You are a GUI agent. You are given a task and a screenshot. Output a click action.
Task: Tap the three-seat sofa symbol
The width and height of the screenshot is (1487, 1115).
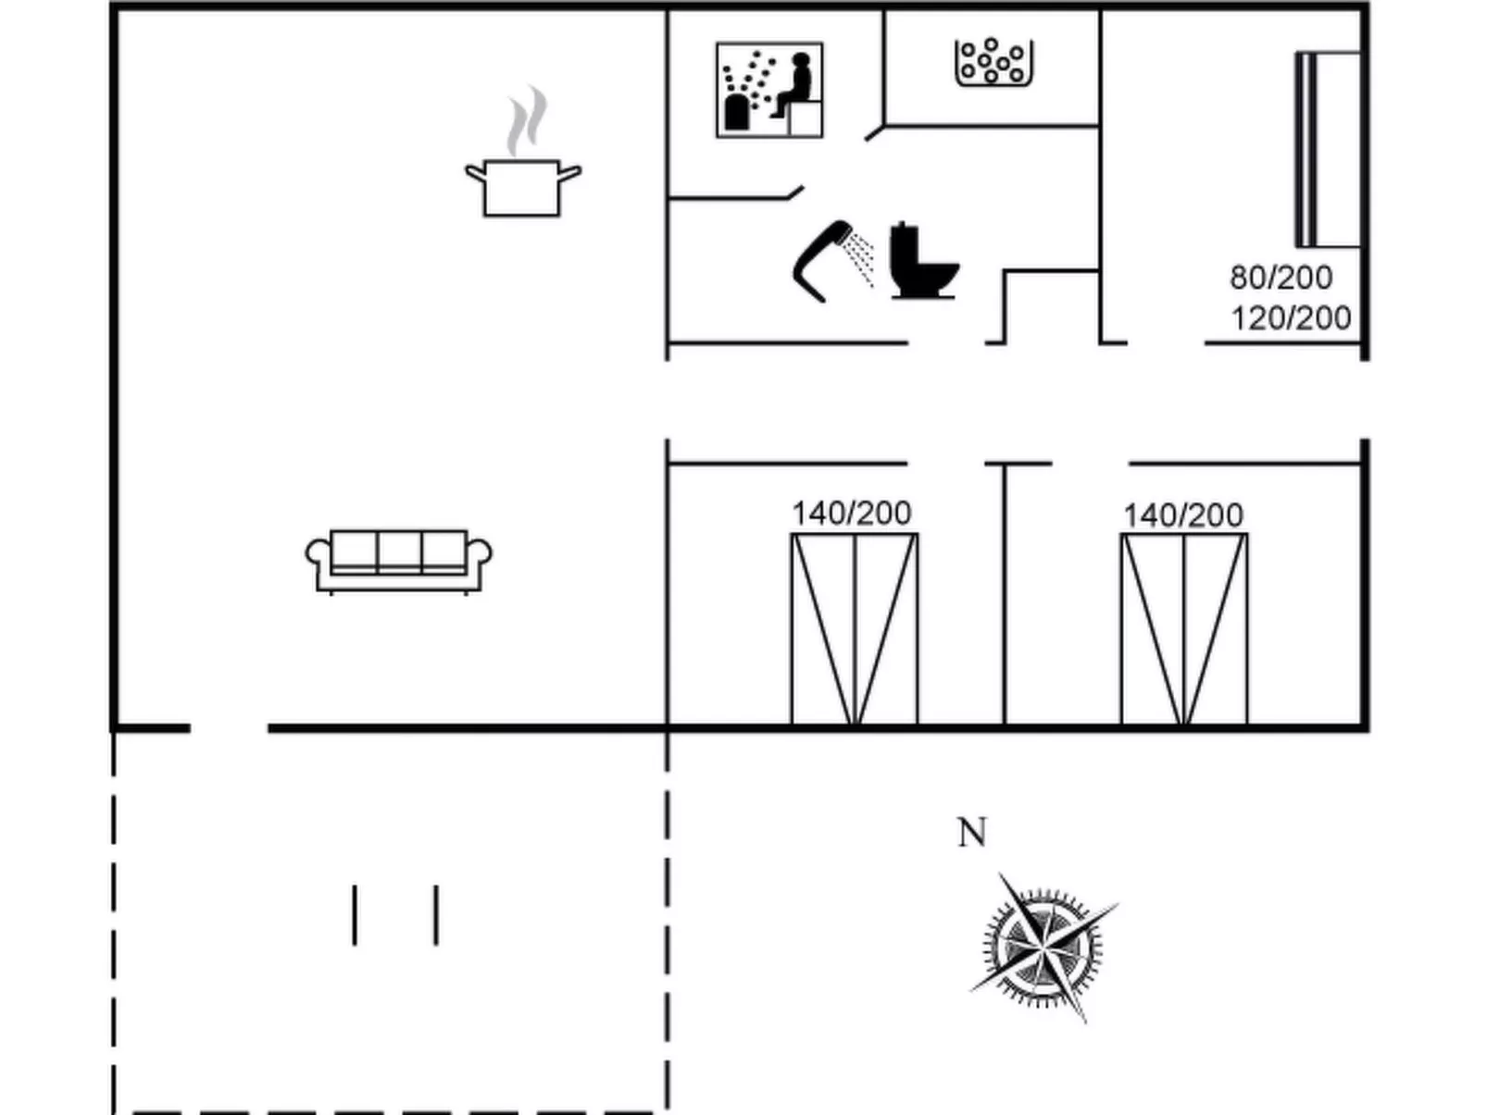(x=398, y=560)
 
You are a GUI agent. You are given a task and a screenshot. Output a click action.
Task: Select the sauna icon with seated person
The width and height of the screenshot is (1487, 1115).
(x=769, y=91)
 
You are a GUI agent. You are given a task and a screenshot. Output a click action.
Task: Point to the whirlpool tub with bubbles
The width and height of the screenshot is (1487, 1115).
(x=993, y=62)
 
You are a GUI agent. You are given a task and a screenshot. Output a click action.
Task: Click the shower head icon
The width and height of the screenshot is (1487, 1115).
(x=822, y=259)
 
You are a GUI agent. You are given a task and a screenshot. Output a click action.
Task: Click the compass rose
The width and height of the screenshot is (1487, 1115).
(x=1043, y=948)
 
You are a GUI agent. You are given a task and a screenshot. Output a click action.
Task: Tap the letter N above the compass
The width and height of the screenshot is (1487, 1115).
(x=971, y=833)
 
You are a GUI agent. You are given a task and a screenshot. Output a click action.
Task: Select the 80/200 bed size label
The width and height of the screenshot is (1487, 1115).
(x=1281, y=277)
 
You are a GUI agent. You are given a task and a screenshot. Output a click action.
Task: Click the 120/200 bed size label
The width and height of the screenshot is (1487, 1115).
(x=1291, y=317)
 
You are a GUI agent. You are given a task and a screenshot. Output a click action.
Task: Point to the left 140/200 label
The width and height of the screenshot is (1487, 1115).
(x=851, y=513)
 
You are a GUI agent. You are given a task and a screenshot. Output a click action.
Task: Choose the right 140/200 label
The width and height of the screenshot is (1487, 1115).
(x=1182, y=515)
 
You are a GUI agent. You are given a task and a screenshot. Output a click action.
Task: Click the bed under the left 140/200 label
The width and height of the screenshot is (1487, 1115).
(x=855, y=629)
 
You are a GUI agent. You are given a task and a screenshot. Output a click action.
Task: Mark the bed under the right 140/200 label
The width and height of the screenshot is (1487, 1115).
(x=1184, y=629)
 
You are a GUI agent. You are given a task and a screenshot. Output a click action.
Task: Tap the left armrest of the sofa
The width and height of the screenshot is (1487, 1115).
(x=318, y=556)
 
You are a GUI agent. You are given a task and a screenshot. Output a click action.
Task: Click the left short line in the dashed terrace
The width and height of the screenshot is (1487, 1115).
(x=355, y=915)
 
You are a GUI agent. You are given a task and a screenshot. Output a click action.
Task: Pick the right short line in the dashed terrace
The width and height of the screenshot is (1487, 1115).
(x=436, y=915)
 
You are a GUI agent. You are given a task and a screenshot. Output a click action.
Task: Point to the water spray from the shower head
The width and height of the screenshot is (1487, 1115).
(x=862, y=258)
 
